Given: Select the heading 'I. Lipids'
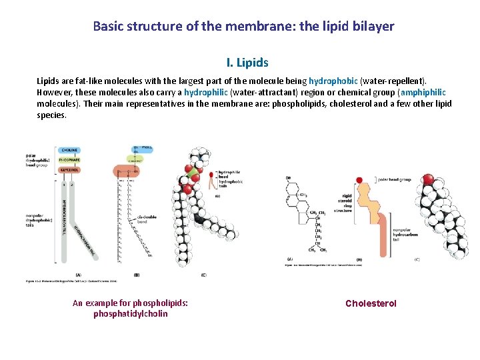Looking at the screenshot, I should point(247,63).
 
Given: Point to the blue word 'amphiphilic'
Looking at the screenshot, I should point(423,92).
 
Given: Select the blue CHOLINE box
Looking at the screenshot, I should point(70,150).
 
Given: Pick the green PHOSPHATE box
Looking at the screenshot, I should point(70,161).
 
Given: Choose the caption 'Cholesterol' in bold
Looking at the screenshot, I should point(371,303).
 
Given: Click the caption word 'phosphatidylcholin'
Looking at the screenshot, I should point(130,313).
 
